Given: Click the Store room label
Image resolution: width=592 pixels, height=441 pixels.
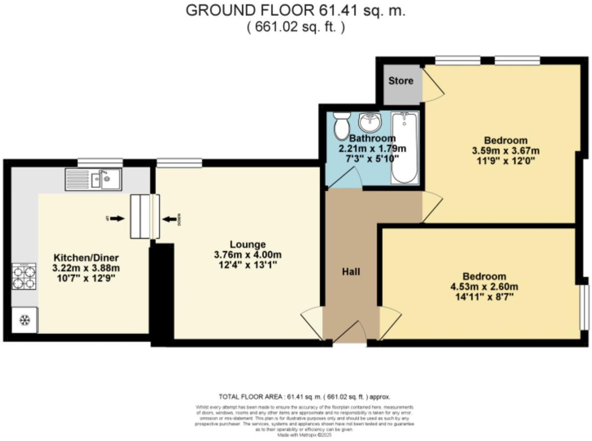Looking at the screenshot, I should pos(401,81).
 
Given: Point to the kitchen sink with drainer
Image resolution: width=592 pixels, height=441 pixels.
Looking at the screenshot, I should pos(93,179).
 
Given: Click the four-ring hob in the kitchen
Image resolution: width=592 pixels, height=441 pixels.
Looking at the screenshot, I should pos(24,276).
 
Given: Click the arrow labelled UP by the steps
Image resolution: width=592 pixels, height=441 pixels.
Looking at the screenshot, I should pos(117,218).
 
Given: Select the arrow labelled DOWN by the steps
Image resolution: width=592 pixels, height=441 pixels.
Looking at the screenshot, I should pos(169,218).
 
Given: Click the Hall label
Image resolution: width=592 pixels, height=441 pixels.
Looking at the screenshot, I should pos(351,271).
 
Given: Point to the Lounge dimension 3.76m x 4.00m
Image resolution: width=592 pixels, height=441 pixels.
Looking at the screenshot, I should pos(247,255).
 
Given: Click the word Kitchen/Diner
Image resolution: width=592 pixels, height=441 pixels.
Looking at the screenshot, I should pos(86,258).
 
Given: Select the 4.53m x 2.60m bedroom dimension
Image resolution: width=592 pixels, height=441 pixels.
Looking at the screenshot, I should pos(484,287).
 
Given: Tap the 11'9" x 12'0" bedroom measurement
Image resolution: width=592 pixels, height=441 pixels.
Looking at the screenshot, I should pos(505,161).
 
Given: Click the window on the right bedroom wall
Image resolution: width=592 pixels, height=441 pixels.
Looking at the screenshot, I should pos(584,307).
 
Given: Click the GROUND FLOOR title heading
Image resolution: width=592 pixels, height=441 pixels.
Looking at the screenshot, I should pos(296,10).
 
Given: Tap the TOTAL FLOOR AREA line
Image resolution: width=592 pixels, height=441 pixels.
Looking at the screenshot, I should pos(304,396).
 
